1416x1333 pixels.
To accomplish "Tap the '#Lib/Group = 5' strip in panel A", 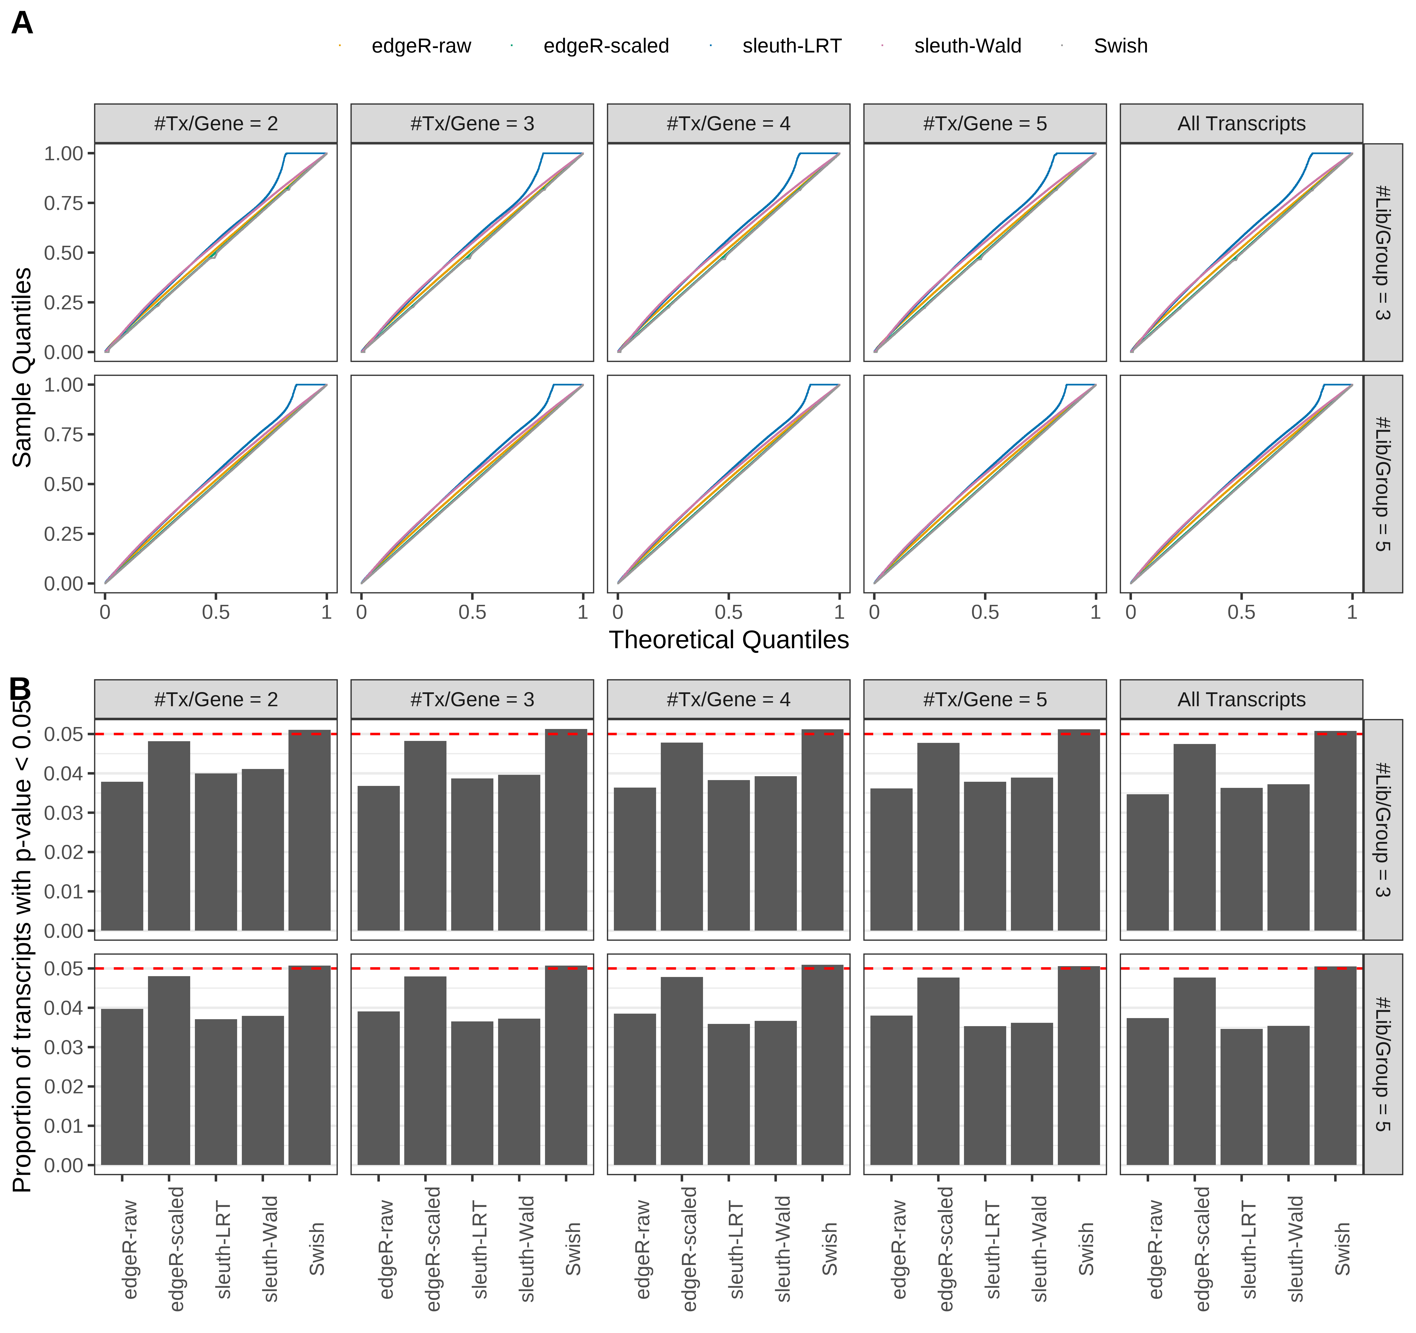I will (x=1382, y=484).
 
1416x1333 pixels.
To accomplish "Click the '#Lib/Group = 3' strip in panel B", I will (x=1382, y=829).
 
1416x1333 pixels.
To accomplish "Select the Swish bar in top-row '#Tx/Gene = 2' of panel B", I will (x=309, y=830).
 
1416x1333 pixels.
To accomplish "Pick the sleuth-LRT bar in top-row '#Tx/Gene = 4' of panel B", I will (x=728, y=855).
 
